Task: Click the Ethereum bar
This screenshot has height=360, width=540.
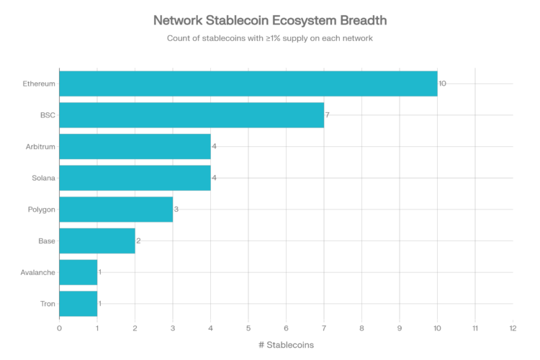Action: coord(248,84)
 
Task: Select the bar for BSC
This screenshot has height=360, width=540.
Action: coord(192,114)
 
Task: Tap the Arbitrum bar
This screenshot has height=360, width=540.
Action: coord(135,146)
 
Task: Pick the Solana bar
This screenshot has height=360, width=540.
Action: coord(135,178)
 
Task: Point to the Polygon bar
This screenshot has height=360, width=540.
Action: coord(116,209)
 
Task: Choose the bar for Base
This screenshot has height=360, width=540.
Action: coord(97,240)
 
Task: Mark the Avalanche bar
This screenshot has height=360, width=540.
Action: coord(78,272)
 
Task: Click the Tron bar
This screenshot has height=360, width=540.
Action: coord(78,303)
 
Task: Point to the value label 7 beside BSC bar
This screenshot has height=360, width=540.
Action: coord(328,114)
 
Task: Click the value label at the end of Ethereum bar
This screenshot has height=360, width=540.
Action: coord(443,84)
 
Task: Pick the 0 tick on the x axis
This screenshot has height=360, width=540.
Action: coord(59,328)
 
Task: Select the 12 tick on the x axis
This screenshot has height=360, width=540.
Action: coord(513,328)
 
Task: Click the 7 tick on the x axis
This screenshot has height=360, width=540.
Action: coord(324,328)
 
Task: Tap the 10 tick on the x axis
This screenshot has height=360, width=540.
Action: coord(437,328)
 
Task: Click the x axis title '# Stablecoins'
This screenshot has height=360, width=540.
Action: coord(286,345)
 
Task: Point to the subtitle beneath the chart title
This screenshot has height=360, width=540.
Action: coord(270,38)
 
